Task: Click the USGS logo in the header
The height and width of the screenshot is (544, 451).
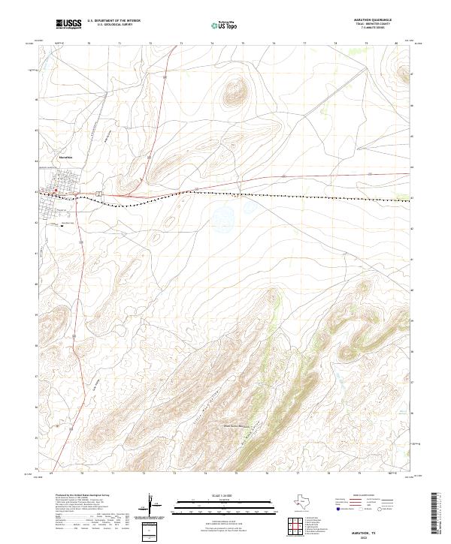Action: (x=68, y=24)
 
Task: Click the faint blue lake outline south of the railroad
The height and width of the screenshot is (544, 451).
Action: (x=223, y=218)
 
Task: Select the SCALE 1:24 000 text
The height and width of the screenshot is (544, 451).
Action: (x=216, y=496)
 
